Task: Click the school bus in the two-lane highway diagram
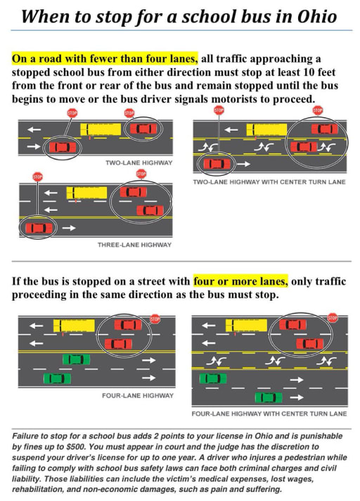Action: (x=100, y=129)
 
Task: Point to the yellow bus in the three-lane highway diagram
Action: (x=86, y=192)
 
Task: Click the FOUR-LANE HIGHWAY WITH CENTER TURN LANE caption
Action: (x=269, y=413)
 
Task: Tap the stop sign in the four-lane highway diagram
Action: (x=155, y=318)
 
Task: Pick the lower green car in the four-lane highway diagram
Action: (x=57, y=378)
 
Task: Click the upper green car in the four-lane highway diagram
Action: (x=76, y=359)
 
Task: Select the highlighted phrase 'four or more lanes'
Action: (x=241, y=282)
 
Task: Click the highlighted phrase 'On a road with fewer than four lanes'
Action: (x=105, y=58)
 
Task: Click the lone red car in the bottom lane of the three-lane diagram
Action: (x=39, y=228)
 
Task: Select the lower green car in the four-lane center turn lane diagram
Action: (x=268, y=397)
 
